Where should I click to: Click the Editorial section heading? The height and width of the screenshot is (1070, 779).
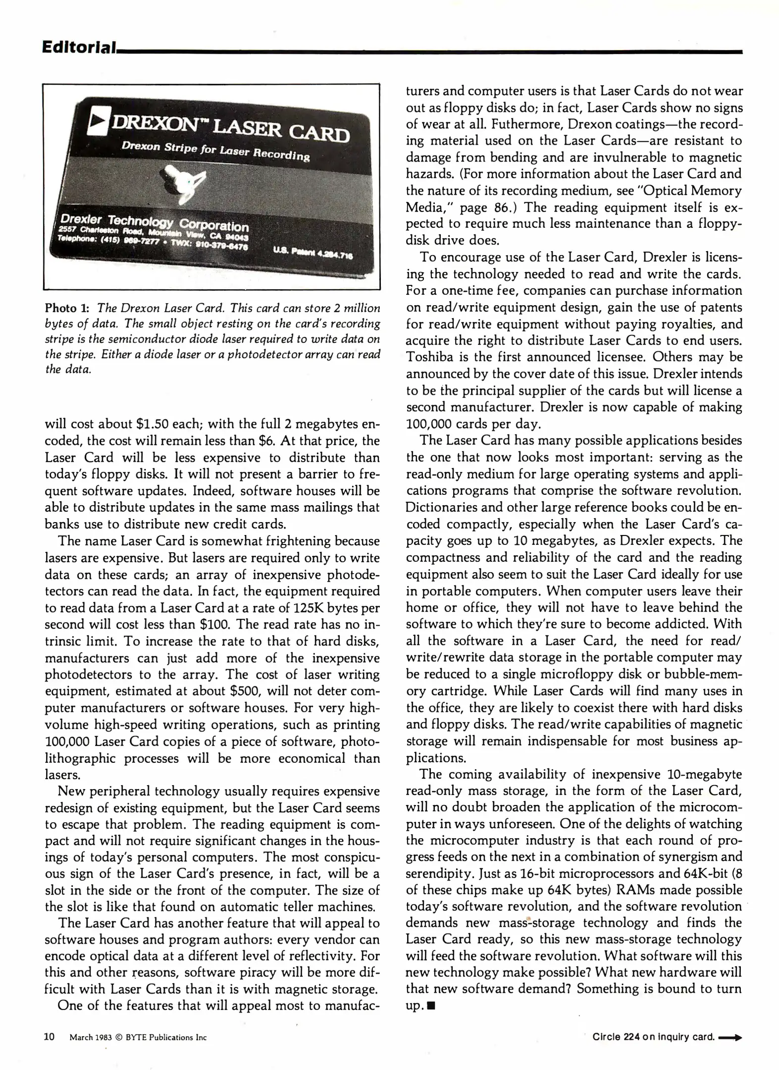(79, 48)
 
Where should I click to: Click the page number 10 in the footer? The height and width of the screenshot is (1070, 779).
(50, 1037)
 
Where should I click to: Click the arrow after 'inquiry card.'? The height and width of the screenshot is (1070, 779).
(730, 1037)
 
